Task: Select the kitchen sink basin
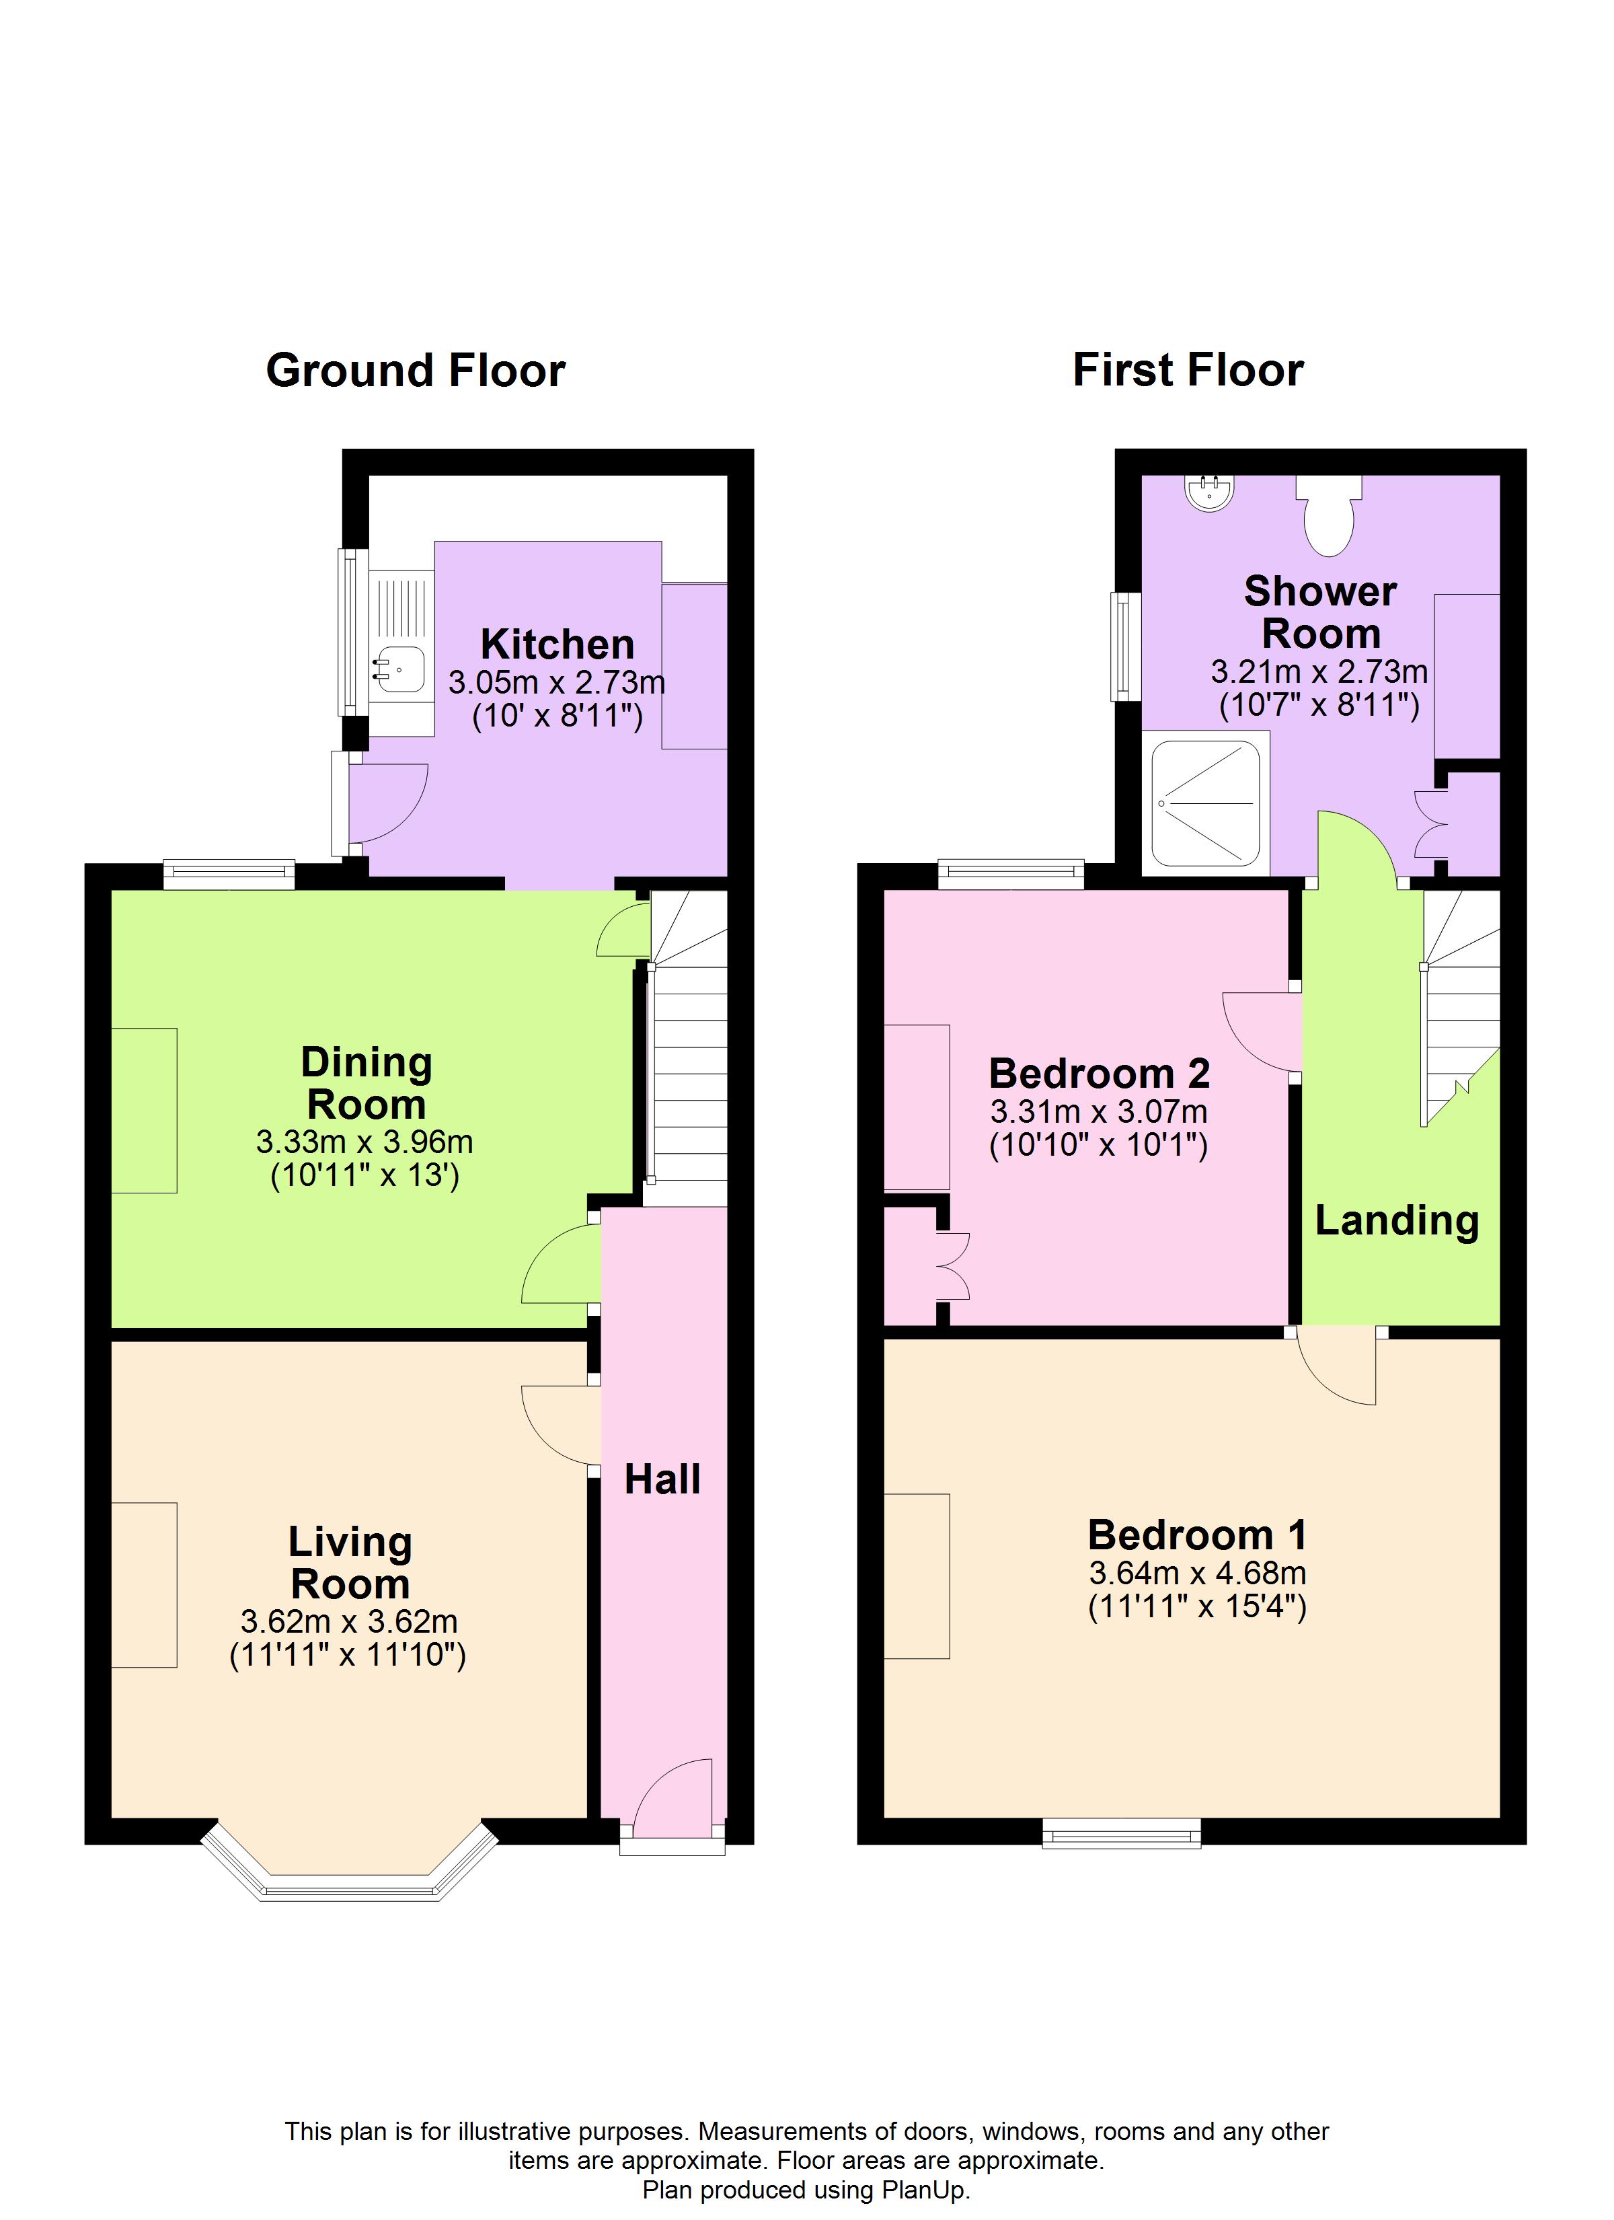pos(401,669)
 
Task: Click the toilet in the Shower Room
pos(1328,515)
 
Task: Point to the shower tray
pos(1205,804)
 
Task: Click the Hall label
pos(662,1479)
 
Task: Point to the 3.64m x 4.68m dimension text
pos(1197,1573)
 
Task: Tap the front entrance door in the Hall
pos(675,1801)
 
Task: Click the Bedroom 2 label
pos(1099,1074)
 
